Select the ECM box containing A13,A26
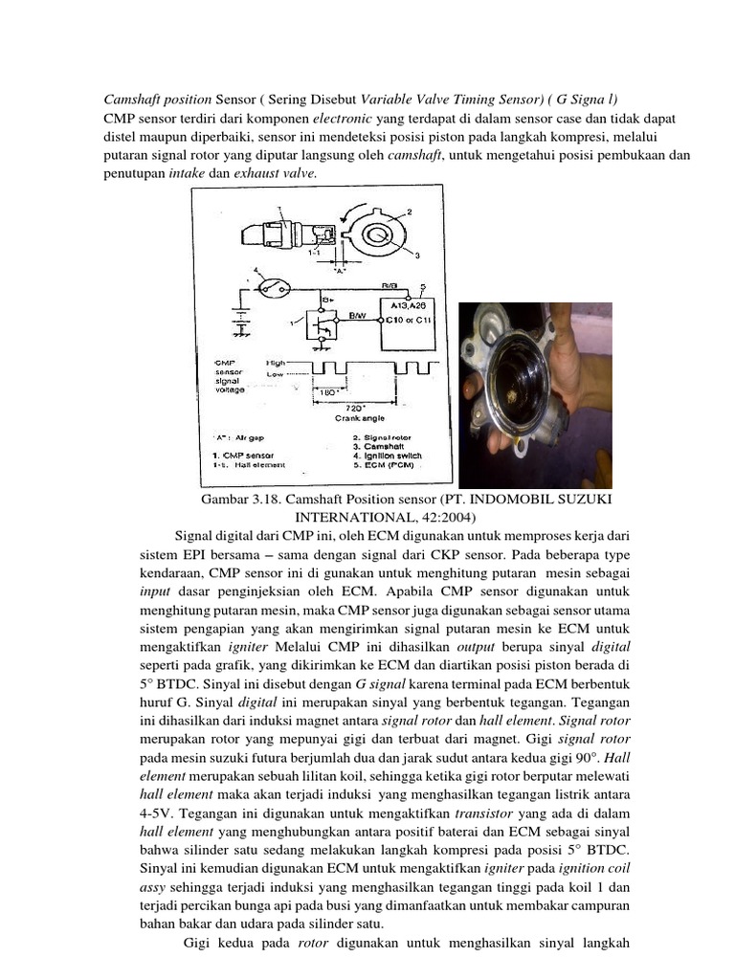[410, 312]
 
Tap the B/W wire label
[358, 314]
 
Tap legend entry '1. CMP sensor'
[243, 456]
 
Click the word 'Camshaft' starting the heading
[130, 100]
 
